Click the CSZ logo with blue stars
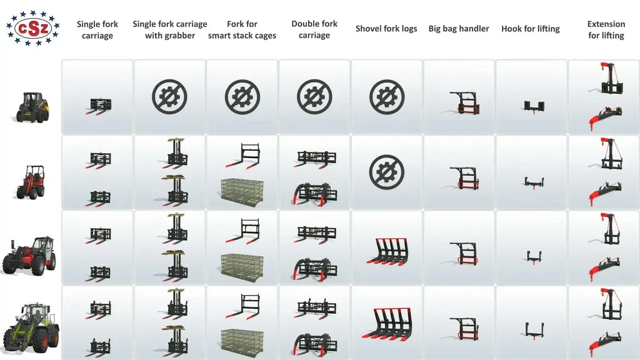point(32,28)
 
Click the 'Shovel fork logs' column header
point(386,29)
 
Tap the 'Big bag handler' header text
point(458,29)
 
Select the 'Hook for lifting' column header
point(530,29)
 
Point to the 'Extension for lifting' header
point(606,29)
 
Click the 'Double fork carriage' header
point(314,29)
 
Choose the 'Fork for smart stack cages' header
point(242,29)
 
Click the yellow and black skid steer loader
point(32,107)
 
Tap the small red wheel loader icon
point(31,182)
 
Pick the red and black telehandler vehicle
point(29,256)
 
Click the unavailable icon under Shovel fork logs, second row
point(386,172)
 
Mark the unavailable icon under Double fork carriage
point(314,97)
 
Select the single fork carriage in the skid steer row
point(98,106)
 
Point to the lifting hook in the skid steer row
point(534,107)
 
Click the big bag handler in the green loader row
point(464,329)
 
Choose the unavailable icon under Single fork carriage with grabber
point(169,97)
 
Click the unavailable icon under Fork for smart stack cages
point(242,97)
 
